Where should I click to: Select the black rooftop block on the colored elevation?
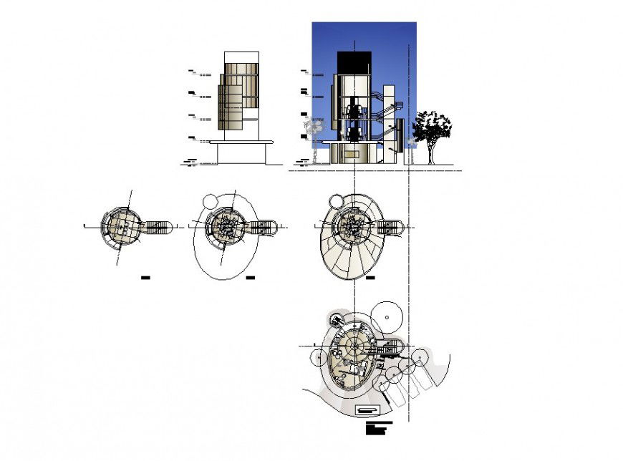pos(354,62)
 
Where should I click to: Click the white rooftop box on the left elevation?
pos(241,57)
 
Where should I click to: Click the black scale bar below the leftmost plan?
pos(146,276)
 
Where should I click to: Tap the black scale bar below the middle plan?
pos(251,276)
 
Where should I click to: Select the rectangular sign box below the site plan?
pos(367,409)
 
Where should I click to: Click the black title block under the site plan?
pos(378,428)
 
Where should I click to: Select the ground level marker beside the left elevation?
pos(190,162)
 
